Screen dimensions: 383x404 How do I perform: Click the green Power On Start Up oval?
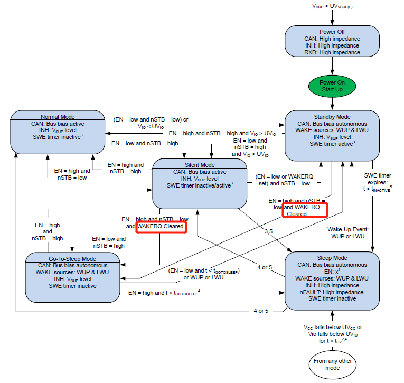click(332, 85)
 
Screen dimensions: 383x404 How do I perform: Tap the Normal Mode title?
click(58, 117)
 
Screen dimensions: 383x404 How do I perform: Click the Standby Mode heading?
click(332, 117)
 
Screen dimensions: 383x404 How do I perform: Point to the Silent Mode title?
click(200, 165)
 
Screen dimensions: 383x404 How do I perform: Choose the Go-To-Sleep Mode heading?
click(72, 258)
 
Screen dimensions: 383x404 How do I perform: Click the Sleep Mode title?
click(332, 257)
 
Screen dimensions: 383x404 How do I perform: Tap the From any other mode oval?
click(332, 363)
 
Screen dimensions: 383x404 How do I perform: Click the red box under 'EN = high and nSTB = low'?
click(161, 227)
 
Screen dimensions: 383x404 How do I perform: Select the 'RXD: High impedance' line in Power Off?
click(332, 52)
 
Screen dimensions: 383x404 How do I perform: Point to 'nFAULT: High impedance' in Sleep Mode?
click(332, 292)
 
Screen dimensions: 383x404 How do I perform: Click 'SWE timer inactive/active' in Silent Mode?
click(200, 185)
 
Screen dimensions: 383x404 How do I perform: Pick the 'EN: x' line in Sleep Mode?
click(332, 271)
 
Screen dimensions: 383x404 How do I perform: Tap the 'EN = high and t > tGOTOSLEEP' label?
click(163, 292)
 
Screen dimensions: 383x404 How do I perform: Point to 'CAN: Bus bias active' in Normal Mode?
click(58, 124)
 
